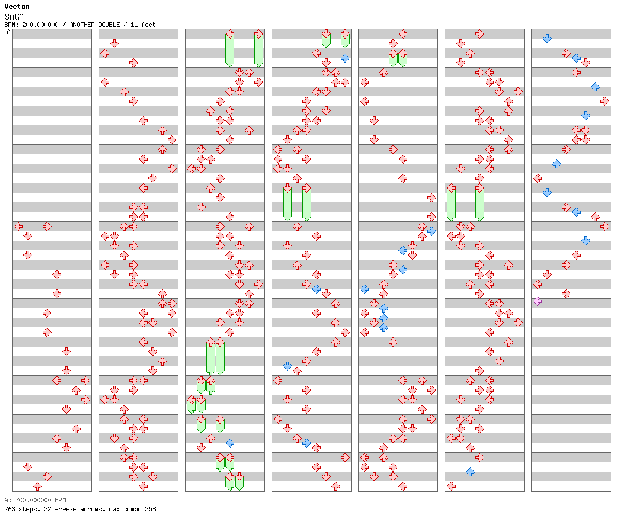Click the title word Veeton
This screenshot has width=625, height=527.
(17, 7)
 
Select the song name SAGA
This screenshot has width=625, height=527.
(14, 17)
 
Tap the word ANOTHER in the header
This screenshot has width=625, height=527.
(82, 25)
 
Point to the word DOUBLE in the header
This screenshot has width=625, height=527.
(109, 25)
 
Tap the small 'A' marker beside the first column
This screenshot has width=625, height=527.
(9, 32)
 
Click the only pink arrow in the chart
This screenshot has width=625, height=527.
(538, 301)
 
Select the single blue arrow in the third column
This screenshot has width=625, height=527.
(230, 443)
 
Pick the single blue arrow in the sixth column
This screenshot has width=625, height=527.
(471, 472)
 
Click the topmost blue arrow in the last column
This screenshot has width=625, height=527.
(547, 39)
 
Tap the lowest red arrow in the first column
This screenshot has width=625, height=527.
(37, 486)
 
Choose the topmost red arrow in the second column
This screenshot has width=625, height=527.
(114, 43)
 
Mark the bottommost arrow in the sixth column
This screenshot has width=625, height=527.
(451, 486)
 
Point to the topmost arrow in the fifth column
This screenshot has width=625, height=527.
(403, 34)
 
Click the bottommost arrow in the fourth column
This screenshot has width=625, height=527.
(335, 486)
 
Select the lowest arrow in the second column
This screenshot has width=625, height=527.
(144, 486)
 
